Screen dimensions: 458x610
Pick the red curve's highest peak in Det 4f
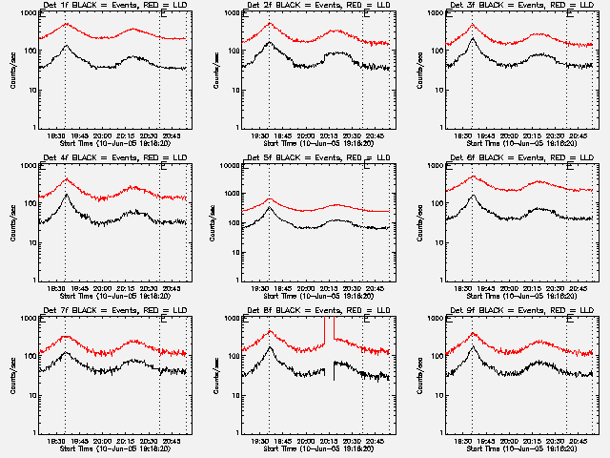tap(66, 179)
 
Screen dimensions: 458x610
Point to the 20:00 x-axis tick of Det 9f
tap(510, 440)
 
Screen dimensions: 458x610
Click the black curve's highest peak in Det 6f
tap(473, 196)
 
